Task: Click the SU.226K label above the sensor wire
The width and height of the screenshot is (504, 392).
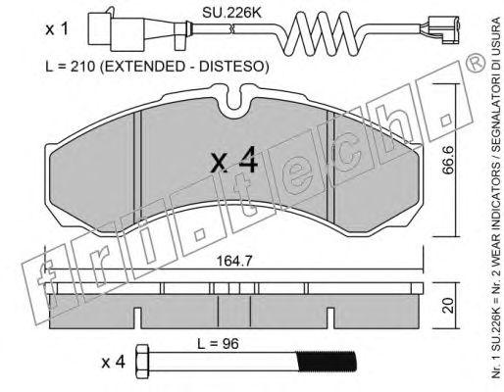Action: (232, 13)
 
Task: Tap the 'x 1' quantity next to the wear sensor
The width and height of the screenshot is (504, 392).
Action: (57, 29)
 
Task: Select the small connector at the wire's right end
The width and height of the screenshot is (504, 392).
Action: (440, 30)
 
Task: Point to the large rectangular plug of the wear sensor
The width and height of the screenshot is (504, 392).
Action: (116, 32)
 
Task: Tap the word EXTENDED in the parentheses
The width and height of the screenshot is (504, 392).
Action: (148, 67)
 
